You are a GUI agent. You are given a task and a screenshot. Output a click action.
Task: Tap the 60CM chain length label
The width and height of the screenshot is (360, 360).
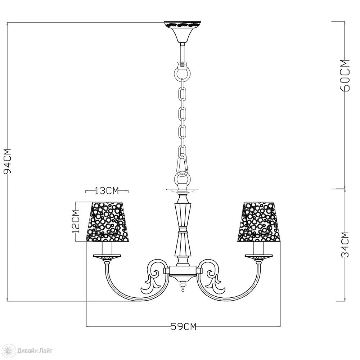pos(345,75)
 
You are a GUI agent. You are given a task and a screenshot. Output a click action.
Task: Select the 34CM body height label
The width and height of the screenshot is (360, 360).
pos(345,245)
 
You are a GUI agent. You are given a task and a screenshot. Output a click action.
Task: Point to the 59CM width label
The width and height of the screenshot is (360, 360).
pos(184,326)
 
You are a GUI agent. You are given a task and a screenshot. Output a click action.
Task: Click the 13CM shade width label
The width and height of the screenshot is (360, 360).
pos(107,190)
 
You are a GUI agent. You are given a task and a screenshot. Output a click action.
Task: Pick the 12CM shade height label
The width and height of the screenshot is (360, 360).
pos(76,221)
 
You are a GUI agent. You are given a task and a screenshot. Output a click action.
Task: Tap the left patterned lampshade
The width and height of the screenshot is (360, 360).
pos(107,222)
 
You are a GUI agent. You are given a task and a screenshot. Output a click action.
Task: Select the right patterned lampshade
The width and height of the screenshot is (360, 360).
pos(259,222)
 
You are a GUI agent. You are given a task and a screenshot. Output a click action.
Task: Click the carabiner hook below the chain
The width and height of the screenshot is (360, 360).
pos(183,163)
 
